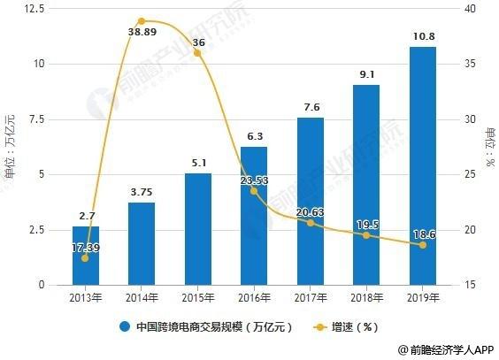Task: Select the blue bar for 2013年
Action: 85,256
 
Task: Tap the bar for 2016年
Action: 254,216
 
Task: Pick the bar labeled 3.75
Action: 142,244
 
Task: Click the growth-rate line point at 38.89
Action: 142,20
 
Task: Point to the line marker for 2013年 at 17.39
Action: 85,257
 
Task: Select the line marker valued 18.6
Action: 422,244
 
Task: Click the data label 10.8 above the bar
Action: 422,36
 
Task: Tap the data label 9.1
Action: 366,74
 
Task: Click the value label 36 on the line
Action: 197,42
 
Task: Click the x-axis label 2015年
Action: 197,296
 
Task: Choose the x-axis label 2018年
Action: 366,296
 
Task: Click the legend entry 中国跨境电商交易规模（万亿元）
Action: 209,326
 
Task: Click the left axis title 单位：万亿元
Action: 10,146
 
